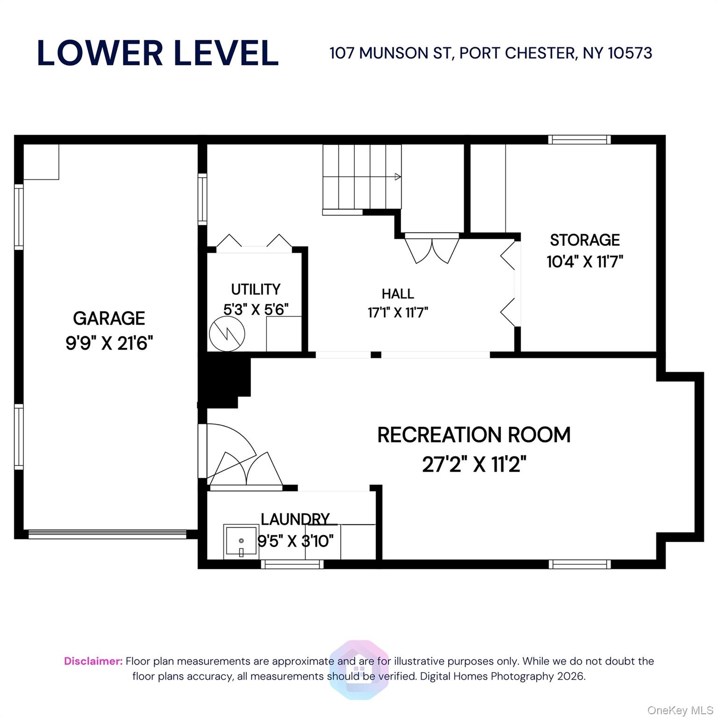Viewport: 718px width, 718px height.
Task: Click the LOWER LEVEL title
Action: click(158, 53)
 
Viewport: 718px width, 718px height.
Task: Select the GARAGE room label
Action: click(109, 318)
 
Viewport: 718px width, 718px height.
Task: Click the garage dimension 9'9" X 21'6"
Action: click(109, 344)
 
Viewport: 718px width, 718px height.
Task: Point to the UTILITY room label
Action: click(256, 289)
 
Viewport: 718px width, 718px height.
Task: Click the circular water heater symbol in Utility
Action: click(227, 334)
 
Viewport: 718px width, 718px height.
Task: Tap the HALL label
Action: click(398, 294)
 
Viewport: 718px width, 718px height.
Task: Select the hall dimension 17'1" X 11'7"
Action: click(398, 312)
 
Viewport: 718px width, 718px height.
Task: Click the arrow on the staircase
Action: click(397, 177)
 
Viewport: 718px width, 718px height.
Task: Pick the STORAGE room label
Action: click(585, 240)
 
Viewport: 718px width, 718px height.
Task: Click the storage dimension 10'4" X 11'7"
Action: click(585, 261)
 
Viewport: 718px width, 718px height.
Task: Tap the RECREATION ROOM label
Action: click(474, 435)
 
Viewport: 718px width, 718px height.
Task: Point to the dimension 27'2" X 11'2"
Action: click(474, 465)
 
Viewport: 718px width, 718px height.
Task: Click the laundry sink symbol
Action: click(241, 541)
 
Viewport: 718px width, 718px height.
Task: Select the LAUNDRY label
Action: click(295, 519)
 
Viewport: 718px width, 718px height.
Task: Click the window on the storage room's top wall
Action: click(579, 139)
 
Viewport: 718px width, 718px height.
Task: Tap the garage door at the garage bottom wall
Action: click(108, 534)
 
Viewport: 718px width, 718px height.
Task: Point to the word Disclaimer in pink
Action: click(93, 661)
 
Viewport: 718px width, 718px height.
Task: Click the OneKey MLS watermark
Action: click(680, 711)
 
